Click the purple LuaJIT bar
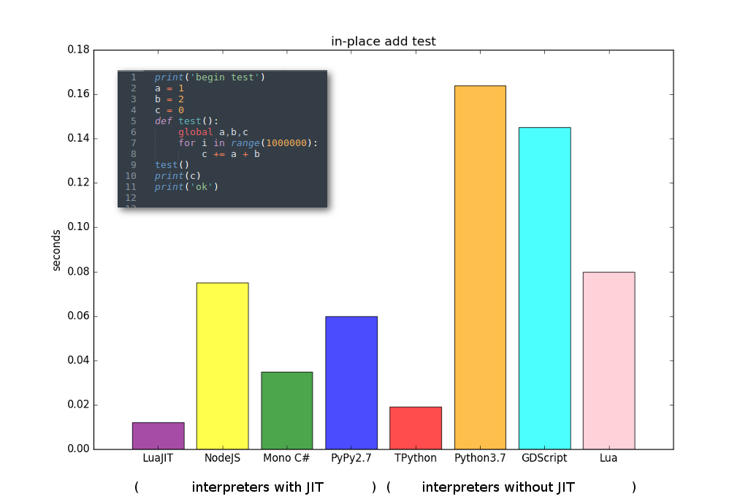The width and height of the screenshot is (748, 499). [158, 435]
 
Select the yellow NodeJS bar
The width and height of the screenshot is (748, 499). [222, 365]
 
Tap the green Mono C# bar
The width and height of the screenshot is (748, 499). [286, 410]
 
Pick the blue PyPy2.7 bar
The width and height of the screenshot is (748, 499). [351, 382]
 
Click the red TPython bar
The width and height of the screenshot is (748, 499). [415, 427]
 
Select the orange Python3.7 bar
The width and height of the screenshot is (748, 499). [480, 267]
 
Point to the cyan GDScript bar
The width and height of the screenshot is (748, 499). [544, 288]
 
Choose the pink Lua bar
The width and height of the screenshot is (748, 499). [608, 360]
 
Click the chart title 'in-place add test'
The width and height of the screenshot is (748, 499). [383, 41]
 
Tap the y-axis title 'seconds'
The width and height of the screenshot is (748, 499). [57, 250]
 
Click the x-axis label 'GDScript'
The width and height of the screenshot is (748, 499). [544, 458]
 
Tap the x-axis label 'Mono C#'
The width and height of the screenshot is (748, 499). [286, 458]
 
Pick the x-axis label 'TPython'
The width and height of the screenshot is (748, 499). [415, 458]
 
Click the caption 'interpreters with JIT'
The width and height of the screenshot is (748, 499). [257, 487]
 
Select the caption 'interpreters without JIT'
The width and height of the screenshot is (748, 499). [498, 487]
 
